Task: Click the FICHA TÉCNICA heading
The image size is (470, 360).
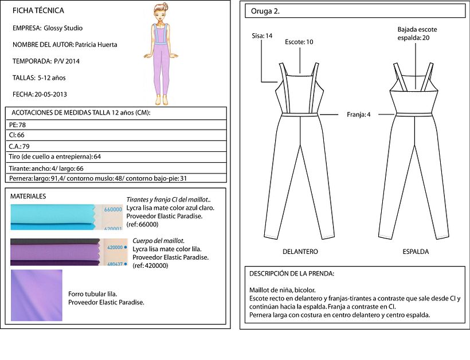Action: pos(38,11)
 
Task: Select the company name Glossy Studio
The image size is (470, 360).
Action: pos(63,28)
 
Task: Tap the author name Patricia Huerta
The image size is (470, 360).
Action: pos(96,45)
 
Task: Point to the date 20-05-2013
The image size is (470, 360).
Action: pos(50,95)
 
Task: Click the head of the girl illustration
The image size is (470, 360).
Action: pos(161,11)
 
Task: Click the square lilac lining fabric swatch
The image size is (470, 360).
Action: pos(37,295)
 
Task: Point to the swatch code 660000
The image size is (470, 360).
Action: pos(113,210)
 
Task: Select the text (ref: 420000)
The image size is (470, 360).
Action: pos(150,265)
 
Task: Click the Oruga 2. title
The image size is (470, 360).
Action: pos(265,11)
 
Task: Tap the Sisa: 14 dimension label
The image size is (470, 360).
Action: pos(262,36)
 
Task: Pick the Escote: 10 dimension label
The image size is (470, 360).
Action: pos(299,42)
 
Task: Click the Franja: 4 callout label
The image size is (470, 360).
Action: pos(358,115)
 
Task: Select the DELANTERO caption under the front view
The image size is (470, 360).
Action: pos(300,252)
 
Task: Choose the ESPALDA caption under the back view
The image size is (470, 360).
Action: pos(416,252)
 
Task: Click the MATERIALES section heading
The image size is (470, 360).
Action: pos(28,196)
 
